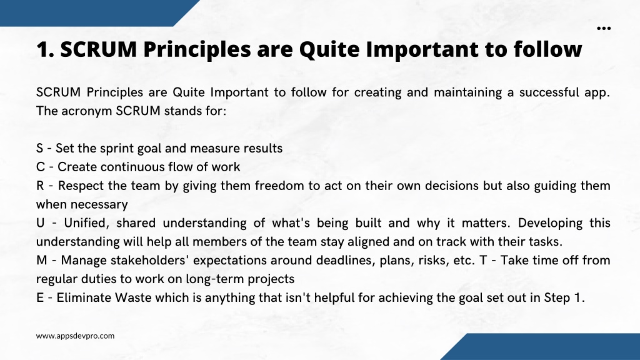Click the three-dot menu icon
(604, 28)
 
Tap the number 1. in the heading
(45, 49)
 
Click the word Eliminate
(84, 298)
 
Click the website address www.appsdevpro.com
(75, 336)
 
